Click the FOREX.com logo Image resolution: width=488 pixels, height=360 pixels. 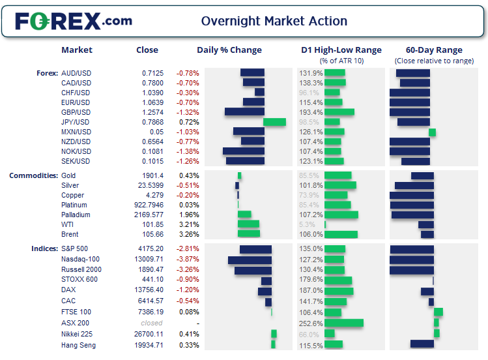[74, 21]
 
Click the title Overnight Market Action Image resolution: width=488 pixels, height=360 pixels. [274, 21]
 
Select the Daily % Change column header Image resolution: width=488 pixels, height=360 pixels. [229, 50]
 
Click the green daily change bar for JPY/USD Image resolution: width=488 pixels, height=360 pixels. [274, 122]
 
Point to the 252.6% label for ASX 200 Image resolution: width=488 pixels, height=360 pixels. [311, 323]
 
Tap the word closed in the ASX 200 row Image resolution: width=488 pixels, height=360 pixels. [152, 323]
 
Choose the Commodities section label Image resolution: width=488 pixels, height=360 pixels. [33, 175]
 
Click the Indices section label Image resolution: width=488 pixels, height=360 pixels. [44, 248]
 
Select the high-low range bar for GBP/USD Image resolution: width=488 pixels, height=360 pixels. [339, 112]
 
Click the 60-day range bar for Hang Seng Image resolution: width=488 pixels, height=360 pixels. [422, 344]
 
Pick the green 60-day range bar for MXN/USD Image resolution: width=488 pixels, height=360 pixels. [432, 132]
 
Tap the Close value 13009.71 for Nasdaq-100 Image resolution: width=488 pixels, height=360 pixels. [149, 260]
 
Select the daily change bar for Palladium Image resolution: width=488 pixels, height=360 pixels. [244, 215]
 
